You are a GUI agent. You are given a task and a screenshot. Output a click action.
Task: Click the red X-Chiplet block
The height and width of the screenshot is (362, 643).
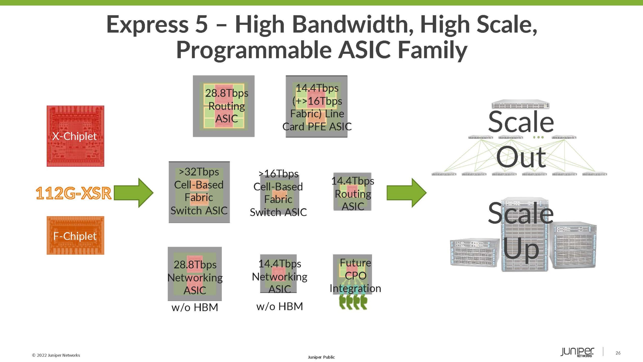[75, 136]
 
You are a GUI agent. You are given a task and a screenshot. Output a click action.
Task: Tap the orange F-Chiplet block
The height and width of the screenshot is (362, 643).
[75, 236]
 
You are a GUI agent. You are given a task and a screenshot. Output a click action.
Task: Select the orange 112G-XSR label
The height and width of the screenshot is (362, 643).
[73, 193]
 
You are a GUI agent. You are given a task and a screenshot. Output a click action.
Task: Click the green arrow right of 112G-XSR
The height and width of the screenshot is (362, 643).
[134, 193]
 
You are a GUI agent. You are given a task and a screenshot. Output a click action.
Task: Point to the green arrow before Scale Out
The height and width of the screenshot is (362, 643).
[406, 193]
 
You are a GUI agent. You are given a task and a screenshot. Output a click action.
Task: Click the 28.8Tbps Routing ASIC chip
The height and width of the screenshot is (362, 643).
[224, 106]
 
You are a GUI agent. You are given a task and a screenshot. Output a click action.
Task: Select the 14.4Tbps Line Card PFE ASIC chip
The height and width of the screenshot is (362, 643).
[316, 107]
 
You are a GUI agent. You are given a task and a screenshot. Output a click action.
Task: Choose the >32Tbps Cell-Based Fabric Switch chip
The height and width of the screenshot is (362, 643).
[199, 192]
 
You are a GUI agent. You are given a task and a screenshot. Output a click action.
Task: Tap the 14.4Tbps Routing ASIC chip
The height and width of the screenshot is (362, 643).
[352, 192]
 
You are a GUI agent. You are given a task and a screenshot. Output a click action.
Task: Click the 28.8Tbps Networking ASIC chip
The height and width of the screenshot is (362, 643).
[195, 274]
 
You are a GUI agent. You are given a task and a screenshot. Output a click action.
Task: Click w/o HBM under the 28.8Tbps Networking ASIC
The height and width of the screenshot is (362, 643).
[195, 307]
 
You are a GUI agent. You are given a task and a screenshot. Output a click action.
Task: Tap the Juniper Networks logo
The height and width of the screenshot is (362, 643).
[577, 352]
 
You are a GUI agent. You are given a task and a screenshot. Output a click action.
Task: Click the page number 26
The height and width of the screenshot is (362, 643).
[618, 353]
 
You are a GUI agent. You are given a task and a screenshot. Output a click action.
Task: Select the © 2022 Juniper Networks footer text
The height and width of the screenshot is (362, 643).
[56, 355]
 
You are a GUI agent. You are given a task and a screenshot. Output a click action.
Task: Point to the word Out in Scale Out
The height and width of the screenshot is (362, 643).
[521, 157]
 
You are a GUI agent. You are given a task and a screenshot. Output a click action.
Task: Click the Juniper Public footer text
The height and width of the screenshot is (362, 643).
[321, 357]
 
